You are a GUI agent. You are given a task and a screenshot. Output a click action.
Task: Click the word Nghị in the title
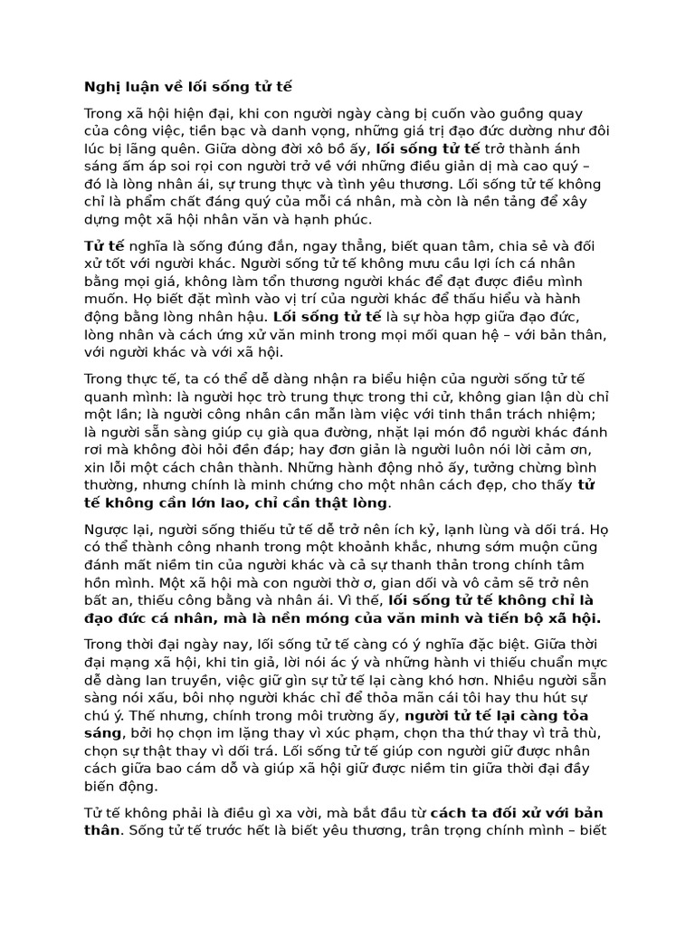pyautogui.click(x=100, y=88)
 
